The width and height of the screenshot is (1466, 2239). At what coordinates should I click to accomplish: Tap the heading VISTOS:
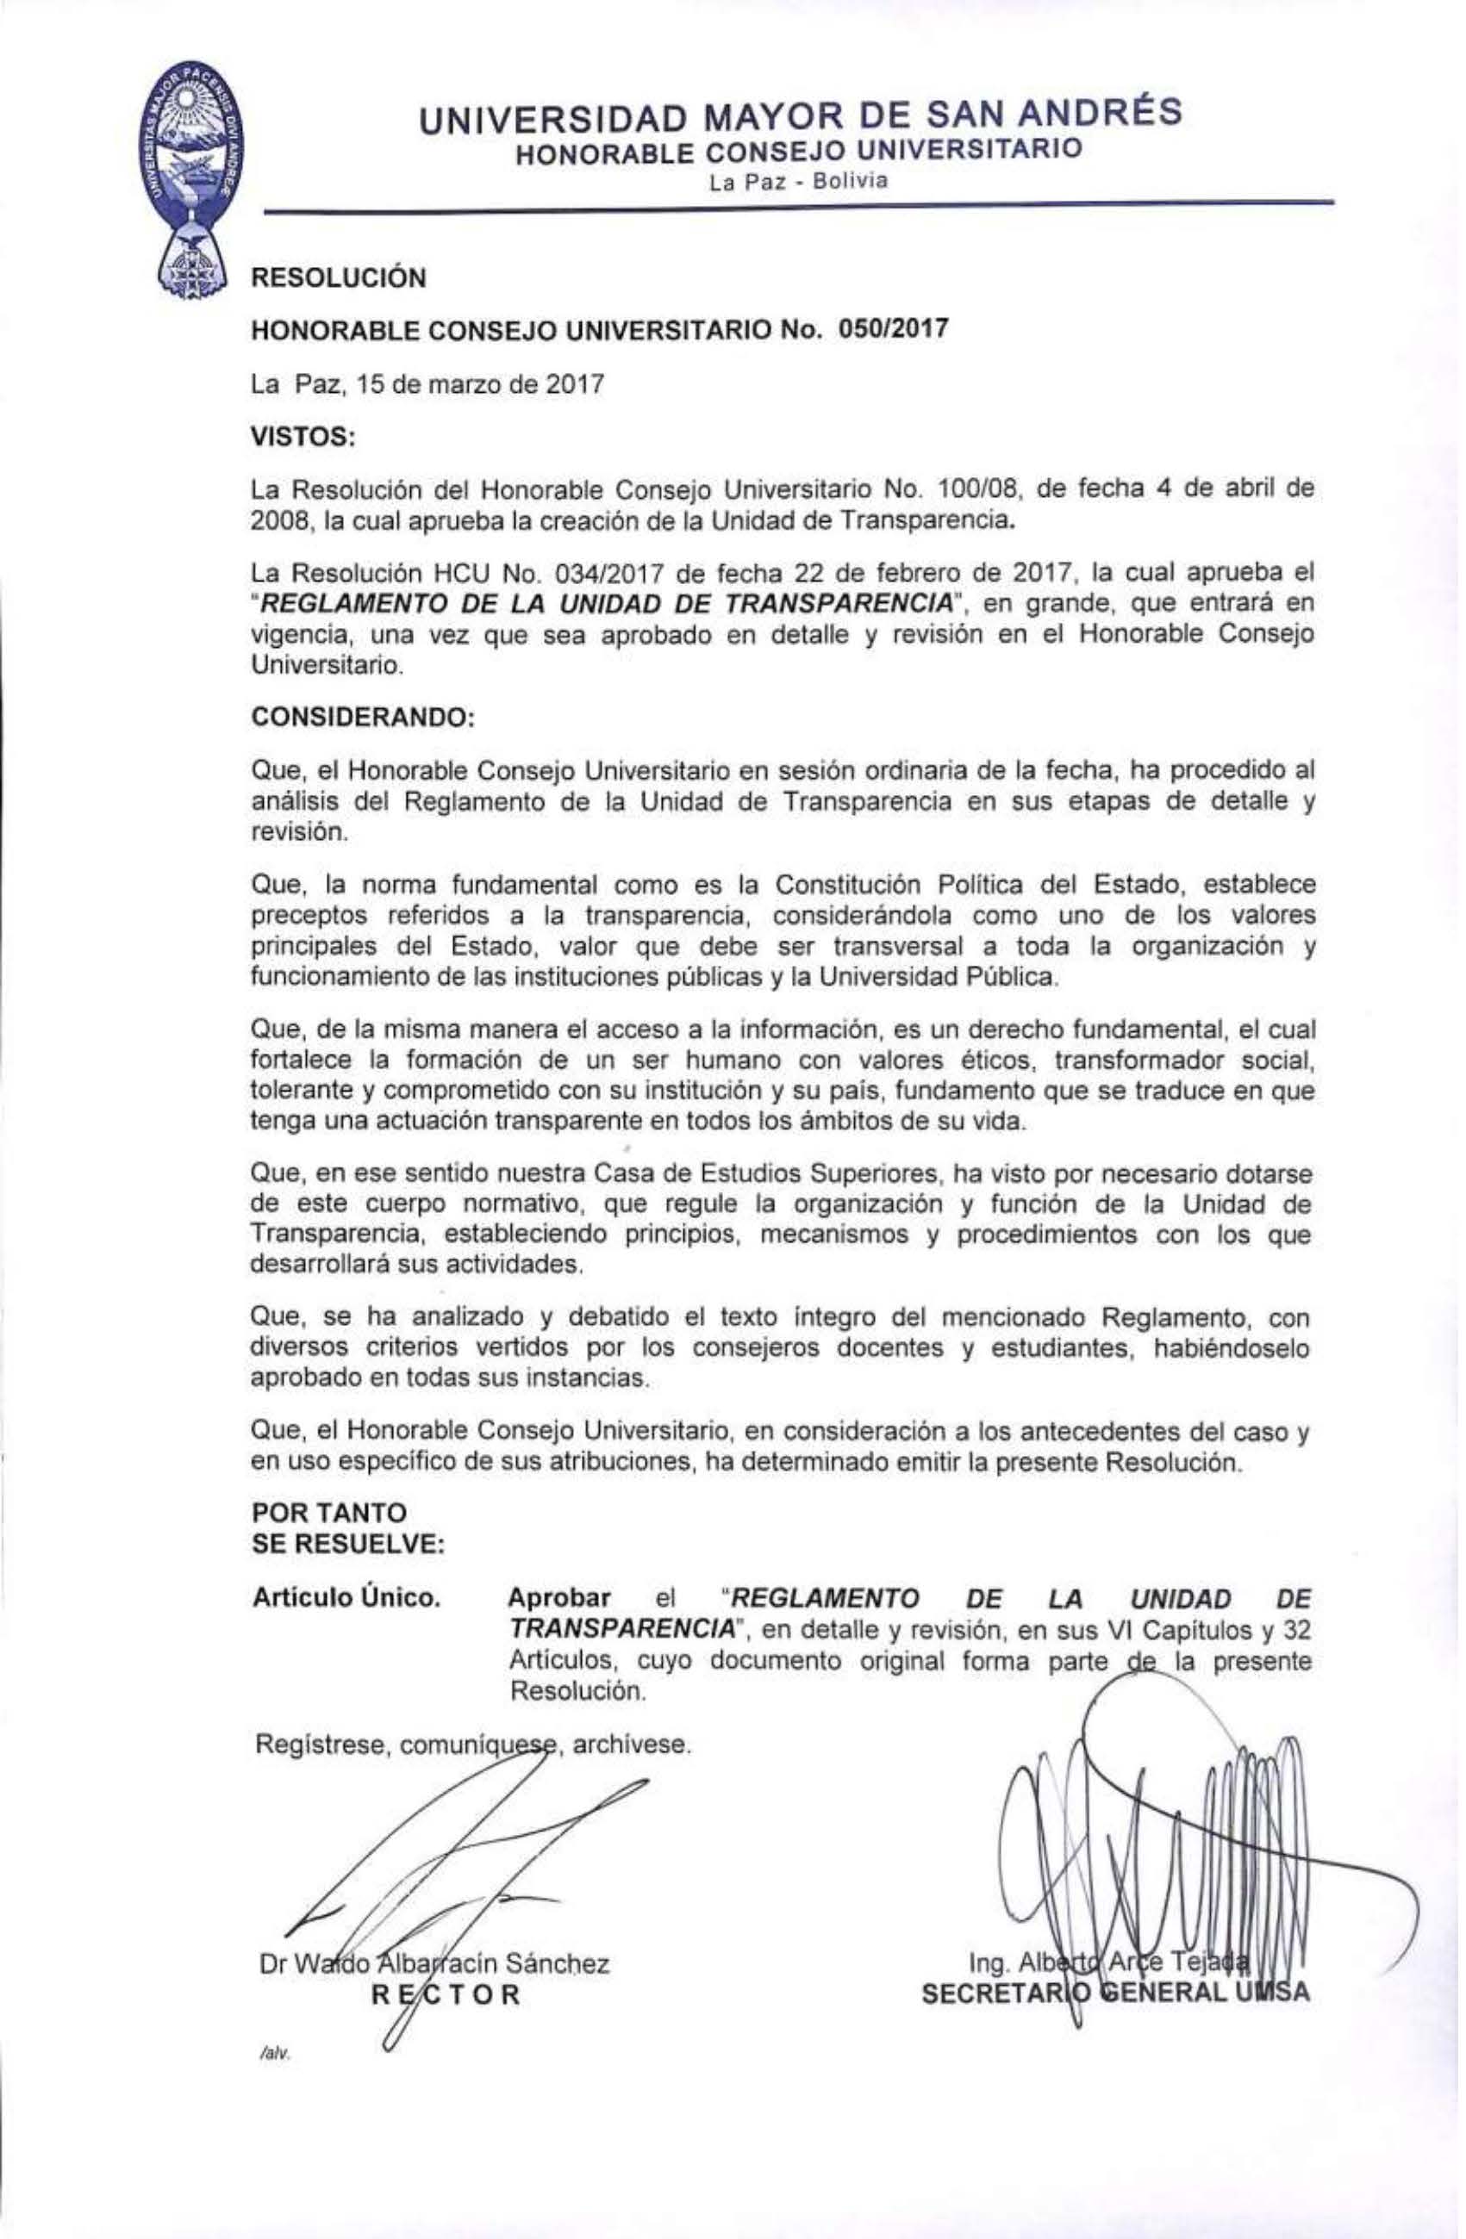pyautogui.click(x=301, y=437)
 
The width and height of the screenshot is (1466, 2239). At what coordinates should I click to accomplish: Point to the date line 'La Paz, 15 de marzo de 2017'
pyautogui.click(x=428, y=384)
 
